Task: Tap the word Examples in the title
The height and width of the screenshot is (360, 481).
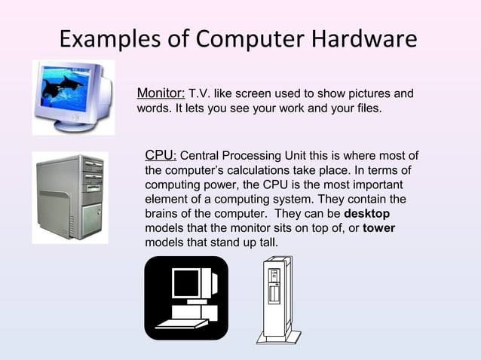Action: (110, 38)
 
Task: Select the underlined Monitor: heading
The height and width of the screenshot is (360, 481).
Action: (161, 93)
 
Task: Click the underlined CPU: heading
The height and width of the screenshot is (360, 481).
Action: (161, 156)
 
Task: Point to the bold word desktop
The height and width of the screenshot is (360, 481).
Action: (366, 213)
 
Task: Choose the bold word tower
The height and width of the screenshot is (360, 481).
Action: (378, 228)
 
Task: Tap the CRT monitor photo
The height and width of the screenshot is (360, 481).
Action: (72, 96)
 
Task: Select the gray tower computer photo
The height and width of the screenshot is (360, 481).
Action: (69, 198)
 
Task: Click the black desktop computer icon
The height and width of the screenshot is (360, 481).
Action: (185, 297)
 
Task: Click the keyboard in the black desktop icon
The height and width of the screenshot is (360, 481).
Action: (182, 323)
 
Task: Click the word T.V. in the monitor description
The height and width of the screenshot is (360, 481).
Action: (200, 94)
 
